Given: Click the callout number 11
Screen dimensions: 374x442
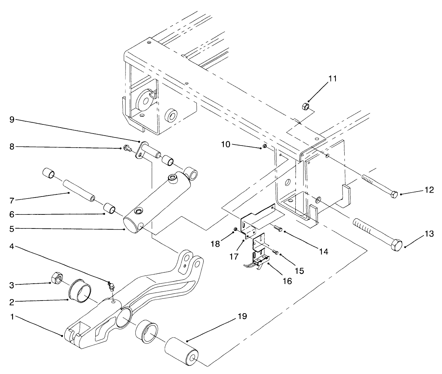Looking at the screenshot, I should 332,78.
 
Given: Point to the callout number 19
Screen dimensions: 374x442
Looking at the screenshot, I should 242,316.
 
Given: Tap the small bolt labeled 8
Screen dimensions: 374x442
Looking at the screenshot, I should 127,149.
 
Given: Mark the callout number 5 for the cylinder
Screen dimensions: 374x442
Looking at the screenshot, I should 12,228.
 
